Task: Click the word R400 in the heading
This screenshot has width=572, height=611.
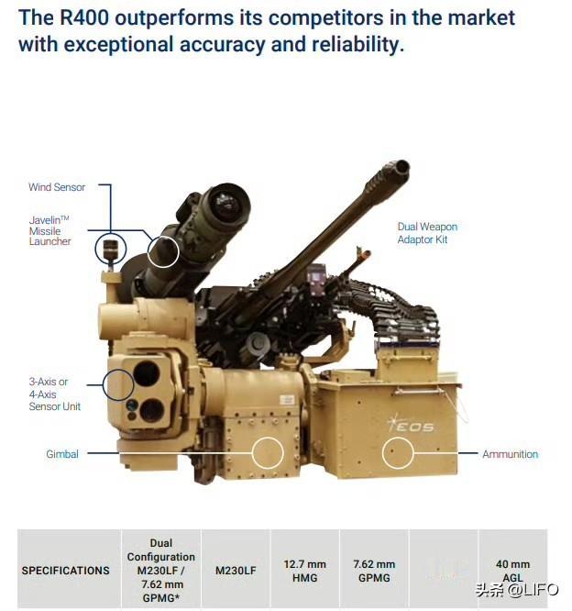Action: coord(84,17)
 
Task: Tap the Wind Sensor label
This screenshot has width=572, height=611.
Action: coord(57,187)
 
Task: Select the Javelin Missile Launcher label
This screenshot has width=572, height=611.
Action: coord(49,230)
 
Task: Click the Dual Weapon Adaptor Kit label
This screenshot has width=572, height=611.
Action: coord(427,233)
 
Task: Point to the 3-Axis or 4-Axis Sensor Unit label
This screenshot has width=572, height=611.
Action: coord(54,394)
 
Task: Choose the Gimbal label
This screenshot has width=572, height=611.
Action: coord(62,454)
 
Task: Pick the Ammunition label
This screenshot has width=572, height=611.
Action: coord(510,454)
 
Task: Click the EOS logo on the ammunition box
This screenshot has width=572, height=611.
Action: coord(411,424)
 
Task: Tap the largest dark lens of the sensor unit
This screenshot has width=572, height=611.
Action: coord(147,374)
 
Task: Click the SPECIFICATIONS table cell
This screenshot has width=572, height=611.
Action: coord(65,571)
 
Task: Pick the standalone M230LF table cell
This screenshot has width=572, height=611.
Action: coord(236,571)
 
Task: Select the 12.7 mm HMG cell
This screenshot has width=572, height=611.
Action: coord(305,571)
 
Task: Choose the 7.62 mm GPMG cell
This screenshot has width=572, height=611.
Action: coord(374,571)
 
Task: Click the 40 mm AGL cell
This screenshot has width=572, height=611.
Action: coord(512,571)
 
